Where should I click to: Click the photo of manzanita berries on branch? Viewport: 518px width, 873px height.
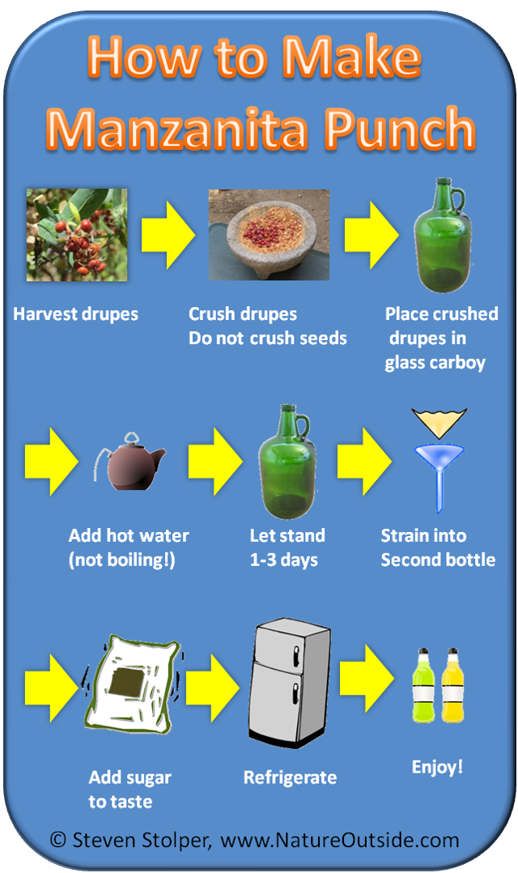click(x=77, y=234)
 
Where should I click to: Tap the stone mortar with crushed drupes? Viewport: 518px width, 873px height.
click(x=269, y=234)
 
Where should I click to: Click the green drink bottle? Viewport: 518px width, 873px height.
click(x=423, y=685)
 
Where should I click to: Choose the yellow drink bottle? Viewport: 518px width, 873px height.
click(x=452, y=685)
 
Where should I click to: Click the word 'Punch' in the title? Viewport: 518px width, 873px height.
click(x=400, y=130)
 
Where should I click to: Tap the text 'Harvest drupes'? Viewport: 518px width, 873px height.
click(x=75, y=314)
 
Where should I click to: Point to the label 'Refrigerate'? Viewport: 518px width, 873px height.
click(x=290, y=777)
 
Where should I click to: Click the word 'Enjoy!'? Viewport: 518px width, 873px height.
click(x=437, y=768)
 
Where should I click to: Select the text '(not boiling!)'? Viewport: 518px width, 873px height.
click(x=122, y=560)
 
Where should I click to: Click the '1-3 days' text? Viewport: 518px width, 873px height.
click(x=284, y=560)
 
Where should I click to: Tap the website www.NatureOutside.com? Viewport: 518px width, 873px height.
click(x=340, y=840)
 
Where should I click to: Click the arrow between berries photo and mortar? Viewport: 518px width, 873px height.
click(x=168, y=235)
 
